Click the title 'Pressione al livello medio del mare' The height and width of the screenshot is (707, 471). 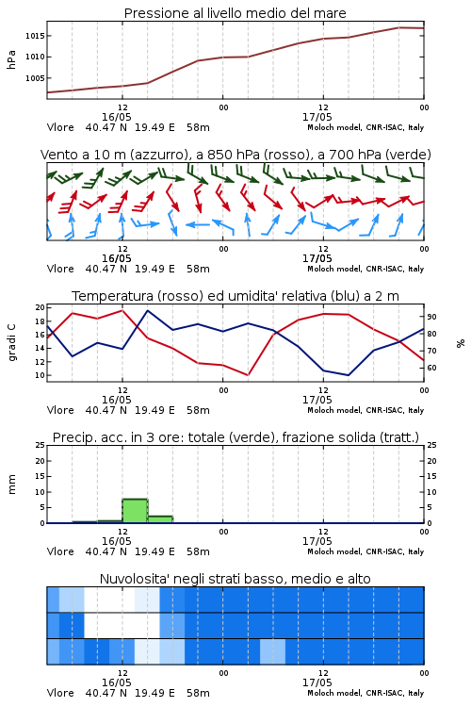coord(235,13)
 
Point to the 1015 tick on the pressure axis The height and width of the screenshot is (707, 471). coord(35,36)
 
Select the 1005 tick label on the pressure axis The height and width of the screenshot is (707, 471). coord(35,78)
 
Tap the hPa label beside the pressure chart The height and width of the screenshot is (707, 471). coord(11,59)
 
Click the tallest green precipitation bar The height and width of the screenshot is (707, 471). coord(136,511)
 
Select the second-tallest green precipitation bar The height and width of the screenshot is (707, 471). coord(160,519)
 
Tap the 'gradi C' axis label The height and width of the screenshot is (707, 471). coord(11,343)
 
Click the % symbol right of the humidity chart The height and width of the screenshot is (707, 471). coord(461,343)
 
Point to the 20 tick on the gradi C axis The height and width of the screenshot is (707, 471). coord(41,307)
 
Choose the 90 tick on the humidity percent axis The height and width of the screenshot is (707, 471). coord(431,317)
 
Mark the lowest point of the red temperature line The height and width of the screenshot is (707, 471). coord(248,375)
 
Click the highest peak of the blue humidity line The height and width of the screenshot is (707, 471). coord(148,311)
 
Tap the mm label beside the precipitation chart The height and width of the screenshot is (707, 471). coord(11,485)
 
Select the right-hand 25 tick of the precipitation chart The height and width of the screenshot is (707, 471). coord(431,445)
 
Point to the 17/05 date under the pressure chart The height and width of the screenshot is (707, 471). coord(317,117)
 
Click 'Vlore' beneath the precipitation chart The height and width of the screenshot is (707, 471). coord(60,551)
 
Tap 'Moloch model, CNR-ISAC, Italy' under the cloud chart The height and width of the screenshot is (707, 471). coord(365,693)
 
